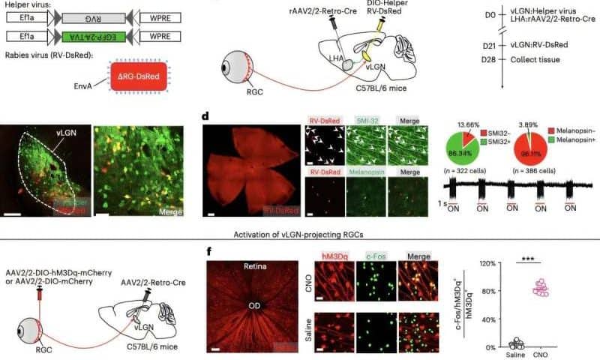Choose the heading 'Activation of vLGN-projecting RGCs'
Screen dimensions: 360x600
click(300, 233)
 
